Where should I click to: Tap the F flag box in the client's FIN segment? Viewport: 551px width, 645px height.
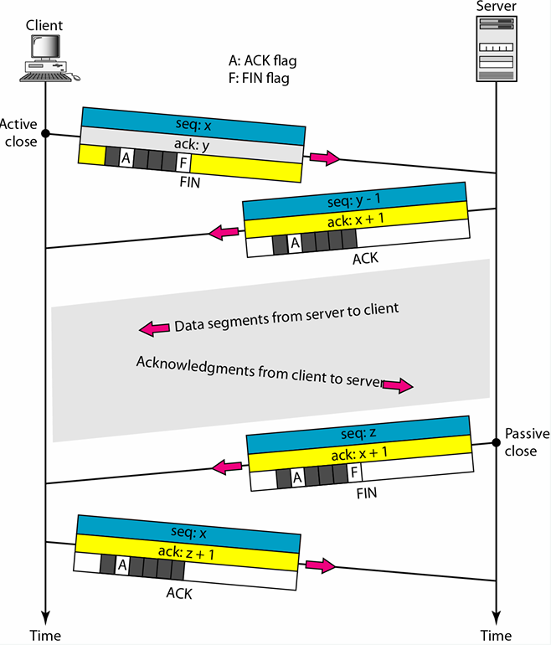click(x=183, y=160)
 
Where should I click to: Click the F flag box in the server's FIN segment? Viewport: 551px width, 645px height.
click(x=354, y=477)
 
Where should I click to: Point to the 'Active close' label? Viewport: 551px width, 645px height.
click(x=19, y=133)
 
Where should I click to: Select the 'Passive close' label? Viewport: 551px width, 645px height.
click(x=527, y=442)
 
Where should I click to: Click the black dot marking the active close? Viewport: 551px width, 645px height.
click(x=46, y=133)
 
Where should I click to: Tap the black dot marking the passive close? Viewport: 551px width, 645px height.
click(x=496, y=442)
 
